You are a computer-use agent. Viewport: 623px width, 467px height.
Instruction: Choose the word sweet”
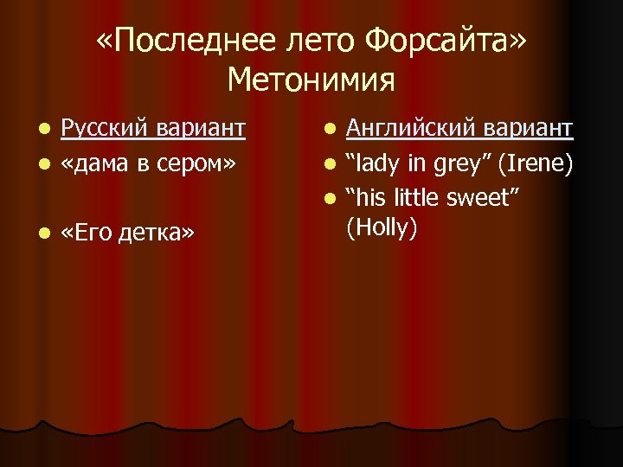point(491,197)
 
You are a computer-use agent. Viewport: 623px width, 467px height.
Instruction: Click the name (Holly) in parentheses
point(382,228)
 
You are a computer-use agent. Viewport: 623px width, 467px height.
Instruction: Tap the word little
point(421,197)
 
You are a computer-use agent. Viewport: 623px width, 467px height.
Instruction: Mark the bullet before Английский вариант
point(329,130)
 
